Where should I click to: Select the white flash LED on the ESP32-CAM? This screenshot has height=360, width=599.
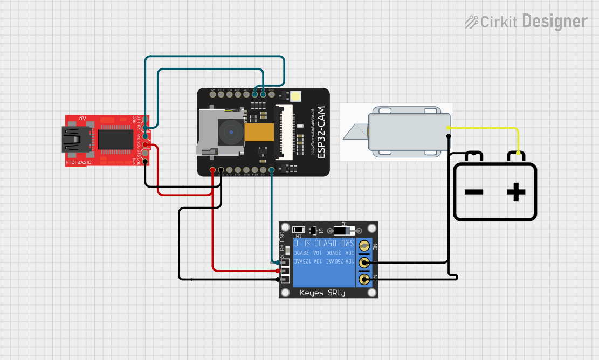pyautogui.click(x=296, y=97)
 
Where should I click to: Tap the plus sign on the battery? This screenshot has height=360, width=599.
pyautogui.click(x=515, y=192)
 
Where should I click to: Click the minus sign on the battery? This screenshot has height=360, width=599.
pyautogui.click(x=473, y=192)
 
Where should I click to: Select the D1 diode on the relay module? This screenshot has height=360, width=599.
pyautogui.click(x=341, y=231)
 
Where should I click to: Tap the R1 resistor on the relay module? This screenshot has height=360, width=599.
pyautogui.click(x=298, y=230)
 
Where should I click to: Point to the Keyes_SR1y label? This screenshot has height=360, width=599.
pyautogui.click(x=322, y=293)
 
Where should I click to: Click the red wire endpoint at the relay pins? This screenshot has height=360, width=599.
pyautogui.click(x=277, y=271)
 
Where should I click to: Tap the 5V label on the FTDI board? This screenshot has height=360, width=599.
pyautogui.click(x=82, y=118)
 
